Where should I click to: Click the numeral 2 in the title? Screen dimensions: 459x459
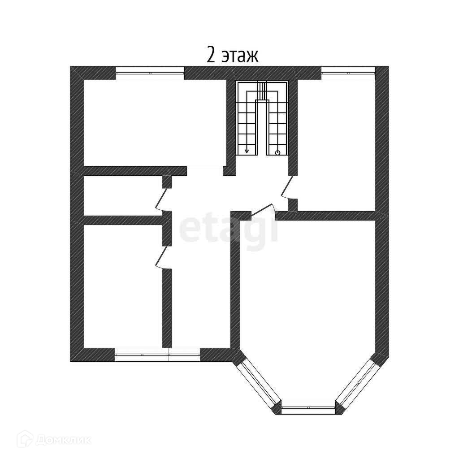pyautogui.click(x=212, y=55)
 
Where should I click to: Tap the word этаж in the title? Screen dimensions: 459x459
pyautogui.click(x=240, y=56)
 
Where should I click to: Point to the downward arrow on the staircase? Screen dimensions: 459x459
pyautogui.click(x=247, y=151)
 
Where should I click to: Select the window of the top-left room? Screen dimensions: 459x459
pyautogui.click(x=150, y=73)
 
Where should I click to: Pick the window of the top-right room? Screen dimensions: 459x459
pyautogui.click(x=348, y=73)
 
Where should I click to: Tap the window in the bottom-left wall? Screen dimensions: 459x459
pyautogui.click(x=157, y=355)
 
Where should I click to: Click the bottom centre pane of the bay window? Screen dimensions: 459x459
pyautogui.click(x=308, y=407)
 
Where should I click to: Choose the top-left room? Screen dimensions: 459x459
pyautogui.click(x=155, y=123)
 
